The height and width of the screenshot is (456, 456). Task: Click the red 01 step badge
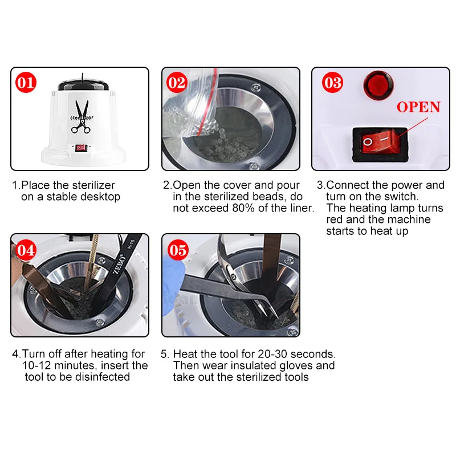click(x=26, y=82)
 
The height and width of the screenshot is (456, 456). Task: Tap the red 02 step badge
click(x=177, y=82)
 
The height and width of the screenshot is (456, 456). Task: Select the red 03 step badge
click(x=332, y=82)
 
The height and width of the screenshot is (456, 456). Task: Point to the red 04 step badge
click(x=26, y=250)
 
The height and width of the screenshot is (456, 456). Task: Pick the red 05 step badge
click(x=178, y=250)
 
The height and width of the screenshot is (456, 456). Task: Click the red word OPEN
click(x=418, y=107)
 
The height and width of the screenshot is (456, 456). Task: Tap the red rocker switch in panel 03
click(x=380, y=142)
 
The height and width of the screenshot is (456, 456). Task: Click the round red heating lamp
click(x=378, y=85)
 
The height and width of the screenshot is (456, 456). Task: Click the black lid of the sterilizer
click(x=83, y=84)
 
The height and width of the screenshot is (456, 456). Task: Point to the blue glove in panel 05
click(x=173, y=286)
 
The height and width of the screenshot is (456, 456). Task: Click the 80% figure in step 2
click(x=243, y=208)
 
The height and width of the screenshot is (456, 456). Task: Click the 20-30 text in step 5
click(x=272, y=354)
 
